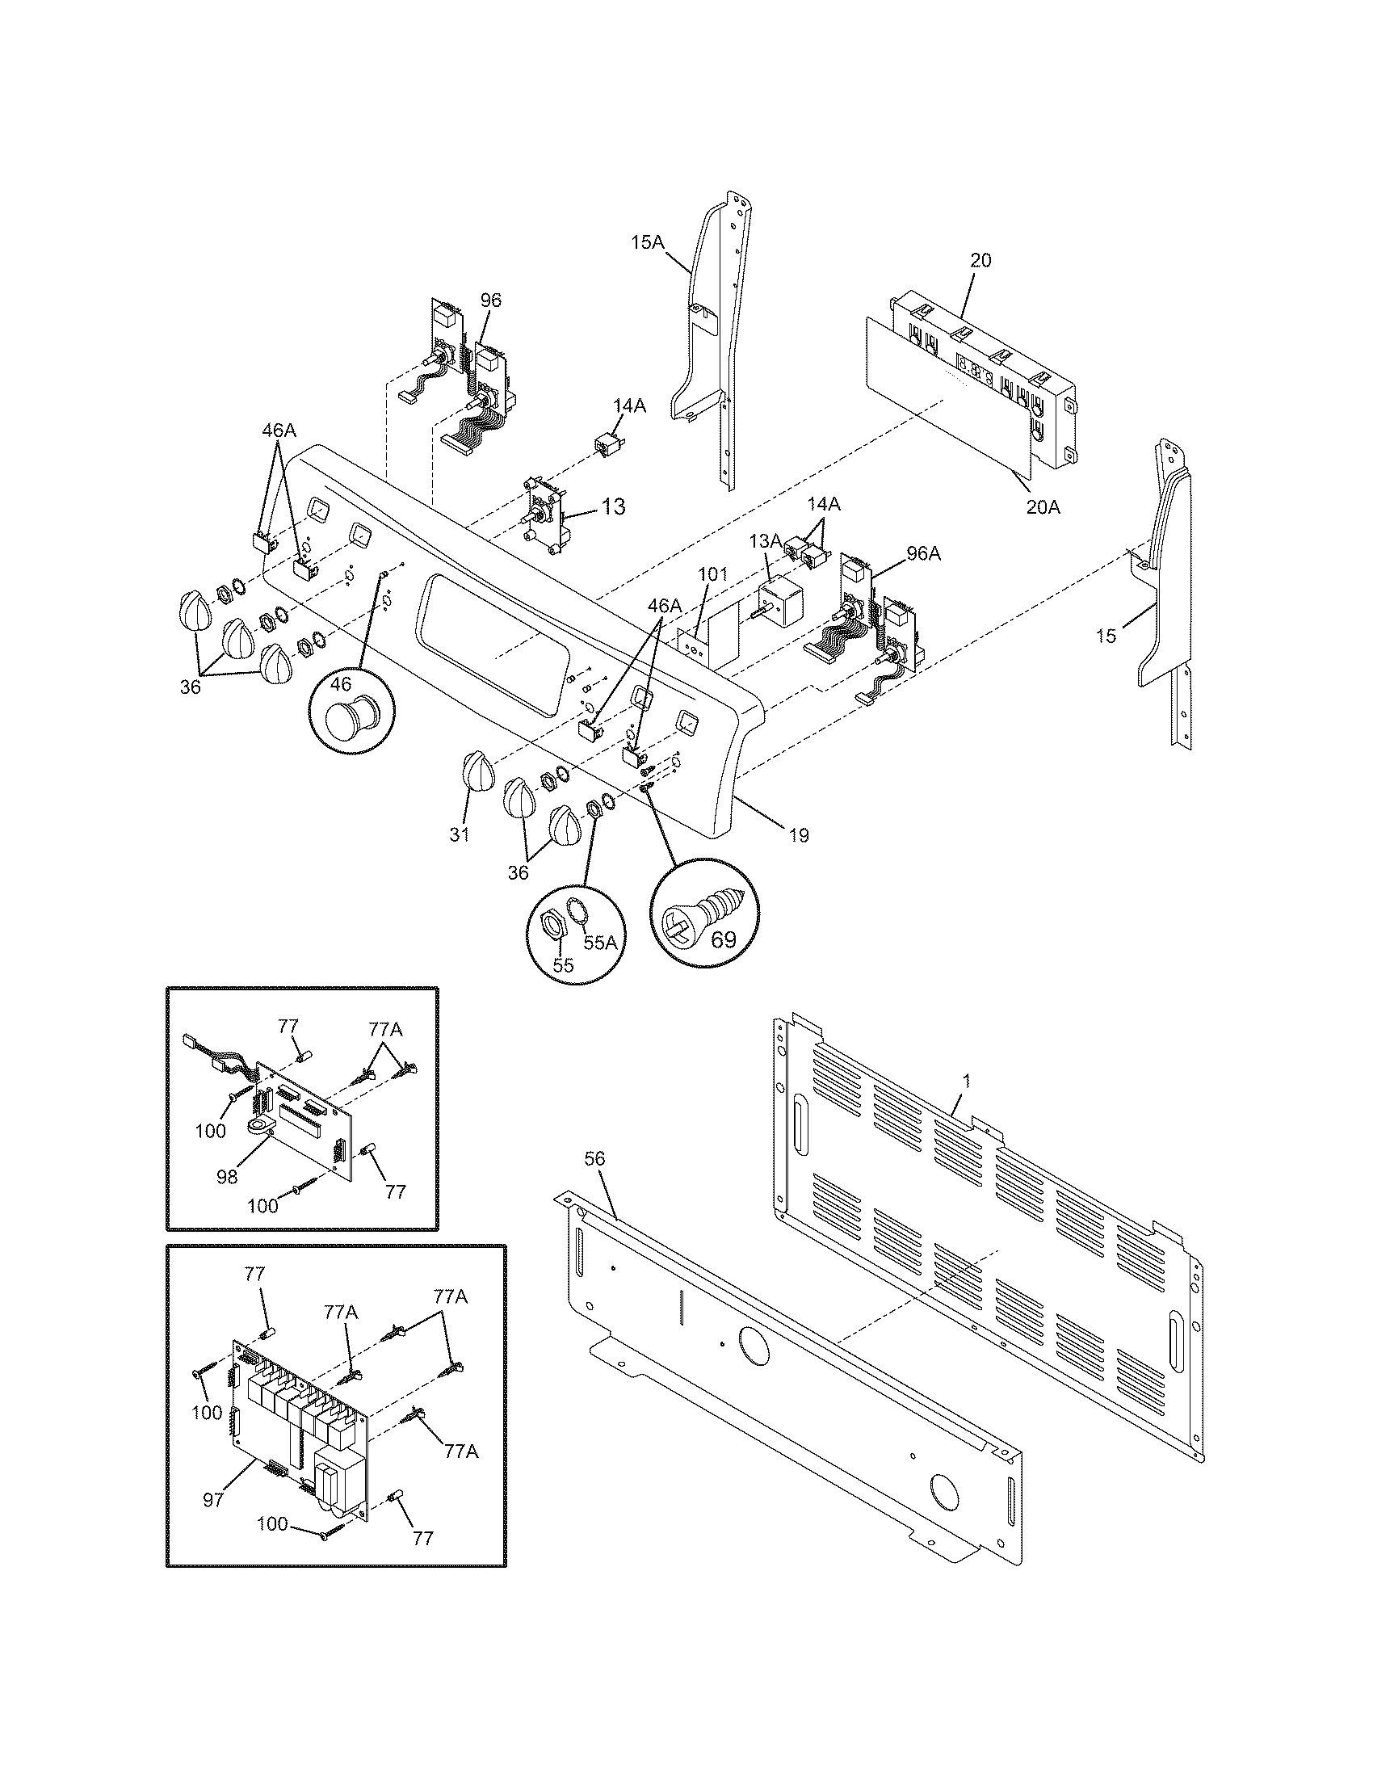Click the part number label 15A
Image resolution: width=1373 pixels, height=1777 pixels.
point(648,241)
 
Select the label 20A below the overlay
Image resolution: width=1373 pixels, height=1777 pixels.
point(1043,507)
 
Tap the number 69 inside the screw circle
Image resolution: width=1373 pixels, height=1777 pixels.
point(722,939)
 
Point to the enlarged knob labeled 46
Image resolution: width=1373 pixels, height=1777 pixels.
point(349,723)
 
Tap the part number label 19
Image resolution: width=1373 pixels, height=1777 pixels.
point(798,836)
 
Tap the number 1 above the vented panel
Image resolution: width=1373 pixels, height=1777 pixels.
point(966,1082)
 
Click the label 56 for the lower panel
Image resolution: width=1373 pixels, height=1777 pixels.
point(595,1158)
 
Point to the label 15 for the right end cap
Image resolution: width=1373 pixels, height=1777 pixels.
point(1106,636)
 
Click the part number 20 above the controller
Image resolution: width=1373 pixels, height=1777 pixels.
point(980,260)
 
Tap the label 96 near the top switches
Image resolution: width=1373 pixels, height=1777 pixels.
point(490,300)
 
